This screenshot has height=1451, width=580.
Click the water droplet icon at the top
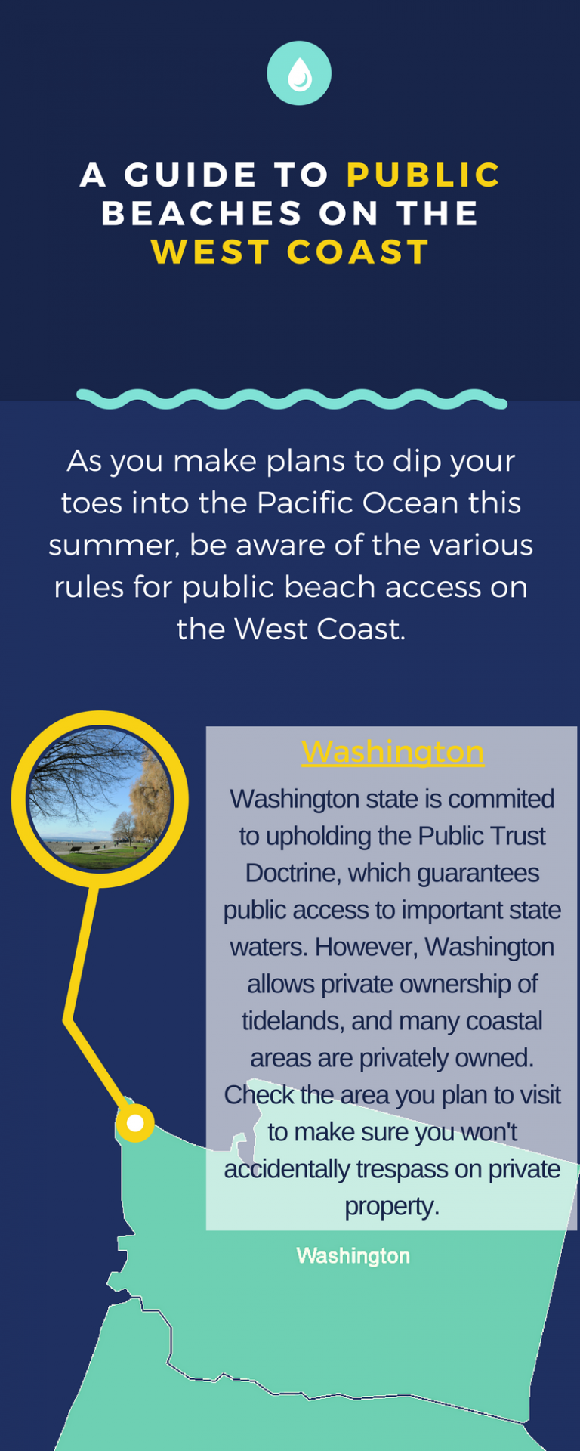(299, 73)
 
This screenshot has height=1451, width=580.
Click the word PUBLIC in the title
(423, 175)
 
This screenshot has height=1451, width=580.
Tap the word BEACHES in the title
(202, 213)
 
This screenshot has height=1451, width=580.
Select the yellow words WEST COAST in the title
(290, 252)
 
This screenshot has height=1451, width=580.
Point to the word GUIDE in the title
(191, 175)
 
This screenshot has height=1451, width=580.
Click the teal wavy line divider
(292, 399)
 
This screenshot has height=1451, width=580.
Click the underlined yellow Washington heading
(393, 752)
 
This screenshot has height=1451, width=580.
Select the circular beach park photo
(99, 800)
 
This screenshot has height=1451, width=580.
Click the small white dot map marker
(135, 1123)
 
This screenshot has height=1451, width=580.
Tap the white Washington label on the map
(353, 1255)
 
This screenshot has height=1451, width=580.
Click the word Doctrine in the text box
(289, 873)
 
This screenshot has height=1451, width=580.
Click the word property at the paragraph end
(391, 1206)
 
